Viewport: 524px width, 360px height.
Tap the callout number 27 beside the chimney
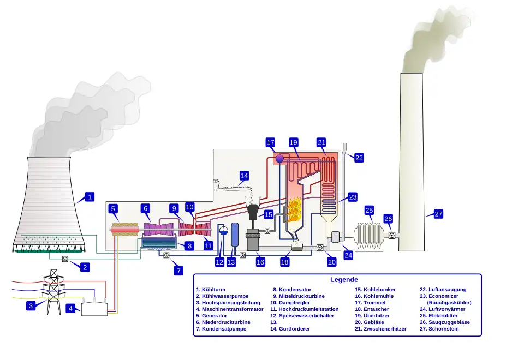[x=438, y=214]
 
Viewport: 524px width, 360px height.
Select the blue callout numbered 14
[x=244, y=176]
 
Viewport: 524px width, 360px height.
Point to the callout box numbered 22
[x=359, y=158]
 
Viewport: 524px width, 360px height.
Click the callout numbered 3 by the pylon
[x=31, y=305]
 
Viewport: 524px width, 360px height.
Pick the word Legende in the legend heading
[x=344, y=280]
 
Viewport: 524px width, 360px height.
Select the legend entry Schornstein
[x=444, y=329]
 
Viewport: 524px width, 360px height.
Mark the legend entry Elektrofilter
[x=443, y=316]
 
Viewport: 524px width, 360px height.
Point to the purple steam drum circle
[x=279, y=158]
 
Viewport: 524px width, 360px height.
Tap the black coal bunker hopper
[x=253, y=212]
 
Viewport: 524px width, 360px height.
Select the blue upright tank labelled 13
[x=235, y=235]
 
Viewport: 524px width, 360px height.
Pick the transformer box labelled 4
[x=94, y=309]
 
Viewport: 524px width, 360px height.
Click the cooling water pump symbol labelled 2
[x=65, y=259]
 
